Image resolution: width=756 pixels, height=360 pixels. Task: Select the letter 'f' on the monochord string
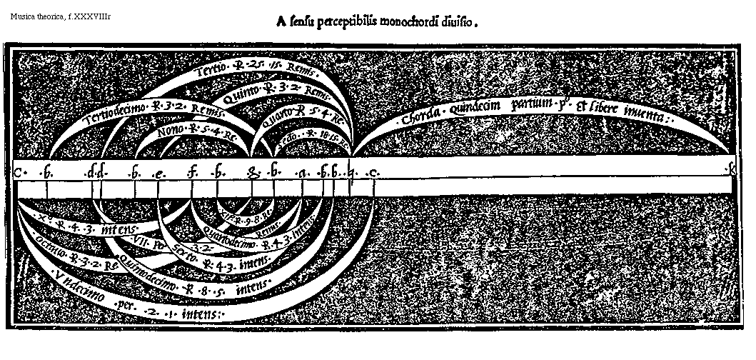click(192, 171)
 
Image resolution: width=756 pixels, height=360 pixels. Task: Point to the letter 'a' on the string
click(303, 172)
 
